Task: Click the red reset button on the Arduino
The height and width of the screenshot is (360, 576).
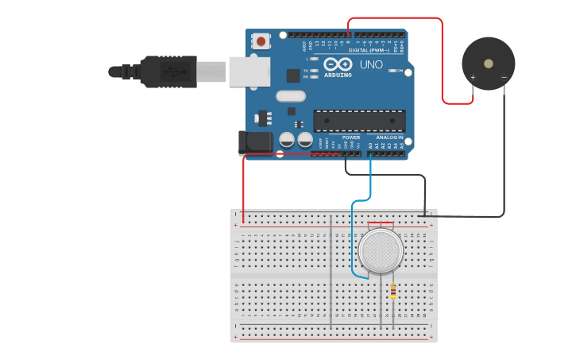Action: (261, 40)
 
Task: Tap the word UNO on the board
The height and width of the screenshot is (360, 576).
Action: (372, 64)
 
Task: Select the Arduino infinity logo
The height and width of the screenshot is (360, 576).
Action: (338, 64)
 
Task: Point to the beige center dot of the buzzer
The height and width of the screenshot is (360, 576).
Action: (489, 63)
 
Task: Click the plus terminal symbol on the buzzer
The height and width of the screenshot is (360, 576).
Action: (473, 77)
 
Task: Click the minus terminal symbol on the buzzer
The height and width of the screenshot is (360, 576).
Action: (504, 77)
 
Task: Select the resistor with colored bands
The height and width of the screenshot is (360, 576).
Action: (393, 292)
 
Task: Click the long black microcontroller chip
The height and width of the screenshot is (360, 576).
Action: (359, 121)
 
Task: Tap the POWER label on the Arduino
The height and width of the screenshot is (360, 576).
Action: (351, 137)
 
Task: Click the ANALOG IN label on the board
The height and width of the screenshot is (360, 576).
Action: (389, 137)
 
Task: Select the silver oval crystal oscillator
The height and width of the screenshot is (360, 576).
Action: (291, 96)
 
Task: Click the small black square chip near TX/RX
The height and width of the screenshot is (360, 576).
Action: (293, 75)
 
